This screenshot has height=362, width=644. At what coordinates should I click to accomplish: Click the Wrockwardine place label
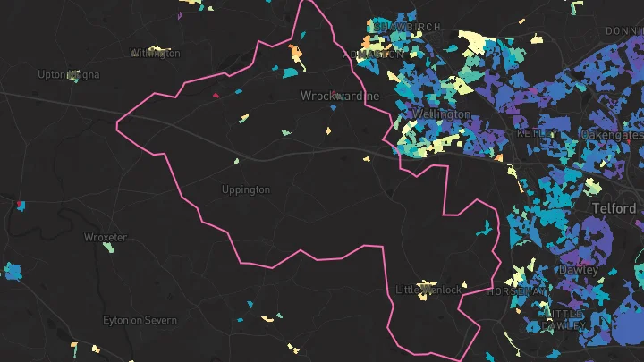(x=339, y=96)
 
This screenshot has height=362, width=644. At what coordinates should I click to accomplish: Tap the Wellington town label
(x=441, y=114)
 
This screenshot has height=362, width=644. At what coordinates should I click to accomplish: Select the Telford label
(x=613, y=208)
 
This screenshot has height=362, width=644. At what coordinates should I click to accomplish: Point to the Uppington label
(x=245, y=189)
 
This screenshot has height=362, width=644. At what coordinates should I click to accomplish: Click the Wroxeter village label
(x=105, y=237)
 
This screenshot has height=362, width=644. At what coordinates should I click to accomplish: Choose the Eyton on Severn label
(x=140, y=320)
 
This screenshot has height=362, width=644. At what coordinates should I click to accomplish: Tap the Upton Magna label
(x=68, y=75)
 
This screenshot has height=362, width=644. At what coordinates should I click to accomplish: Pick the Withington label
(x=155, y=54)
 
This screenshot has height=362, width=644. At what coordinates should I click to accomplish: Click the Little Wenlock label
(x=428, y=290)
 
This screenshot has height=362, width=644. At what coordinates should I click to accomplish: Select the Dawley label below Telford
(x=578, y=269)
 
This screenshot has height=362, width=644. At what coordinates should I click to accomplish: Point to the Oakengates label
(x=611, y=134)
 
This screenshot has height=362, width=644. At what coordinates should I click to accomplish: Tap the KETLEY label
(x=537, y=133)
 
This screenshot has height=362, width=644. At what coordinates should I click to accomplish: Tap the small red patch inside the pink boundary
(x=216, y=92)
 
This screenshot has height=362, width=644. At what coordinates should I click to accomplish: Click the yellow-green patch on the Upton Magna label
(x=72, y=76)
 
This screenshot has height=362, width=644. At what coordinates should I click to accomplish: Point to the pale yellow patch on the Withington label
(x=157, y=49)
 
